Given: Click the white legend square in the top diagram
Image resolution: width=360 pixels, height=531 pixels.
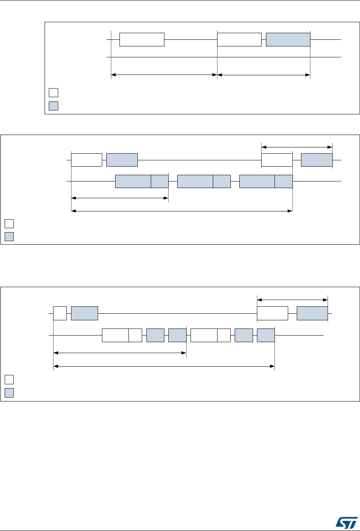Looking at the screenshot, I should [53, 92].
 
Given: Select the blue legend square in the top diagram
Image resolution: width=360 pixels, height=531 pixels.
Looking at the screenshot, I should [53, 106].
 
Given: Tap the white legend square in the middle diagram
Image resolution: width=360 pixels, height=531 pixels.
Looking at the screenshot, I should [9, 224].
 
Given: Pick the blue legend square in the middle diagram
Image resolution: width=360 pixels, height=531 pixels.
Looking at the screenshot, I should [9, 236].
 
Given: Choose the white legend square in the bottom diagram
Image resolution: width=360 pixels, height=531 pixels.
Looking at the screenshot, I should [9, 379].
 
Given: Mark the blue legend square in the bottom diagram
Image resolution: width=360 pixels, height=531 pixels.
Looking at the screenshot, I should [9, 392].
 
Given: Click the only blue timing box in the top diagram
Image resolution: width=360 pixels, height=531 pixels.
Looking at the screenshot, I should [288, 40].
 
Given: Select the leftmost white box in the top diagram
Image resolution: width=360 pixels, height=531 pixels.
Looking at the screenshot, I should [142, 40].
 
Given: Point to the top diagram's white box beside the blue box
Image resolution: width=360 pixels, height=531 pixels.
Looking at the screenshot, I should [239, 40].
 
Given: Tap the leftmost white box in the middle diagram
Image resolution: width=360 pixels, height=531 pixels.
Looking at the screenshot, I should [87, 160].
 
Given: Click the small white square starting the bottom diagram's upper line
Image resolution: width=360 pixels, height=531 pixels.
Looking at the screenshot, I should [60, 313].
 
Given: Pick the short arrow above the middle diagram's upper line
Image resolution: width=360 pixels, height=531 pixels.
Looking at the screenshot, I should [297, 147].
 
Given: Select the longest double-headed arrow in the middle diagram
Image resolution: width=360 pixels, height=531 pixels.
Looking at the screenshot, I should [182, 211].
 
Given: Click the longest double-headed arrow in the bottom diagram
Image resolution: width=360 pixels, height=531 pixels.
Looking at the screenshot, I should [164, 366].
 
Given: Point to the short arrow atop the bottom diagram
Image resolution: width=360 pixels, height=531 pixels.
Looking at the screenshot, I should [292, 300].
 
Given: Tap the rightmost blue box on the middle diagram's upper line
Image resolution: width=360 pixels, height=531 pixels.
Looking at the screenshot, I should [317, 160].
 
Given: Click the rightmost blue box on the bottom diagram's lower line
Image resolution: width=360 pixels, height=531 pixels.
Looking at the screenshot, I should [266, 335].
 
